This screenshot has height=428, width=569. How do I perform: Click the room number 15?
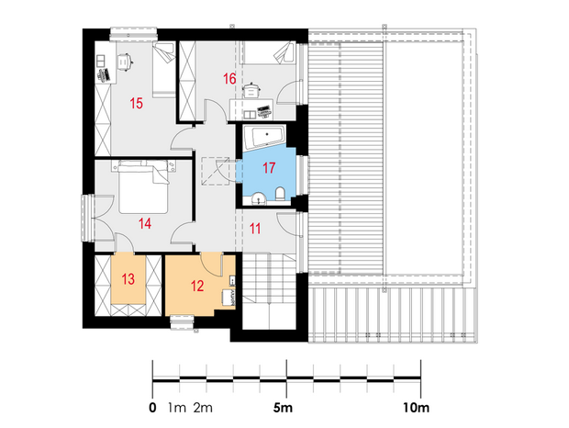pos(137,104)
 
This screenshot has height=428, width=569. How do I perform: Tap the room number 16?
pos(229,79)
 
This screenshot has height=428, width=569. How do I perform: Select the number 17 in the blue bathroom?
pos(269,168)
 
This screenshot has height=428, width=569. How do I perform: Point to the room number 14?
pos(145,223)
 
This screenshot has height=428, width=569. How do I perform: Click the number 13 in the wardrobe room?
pos(128,279)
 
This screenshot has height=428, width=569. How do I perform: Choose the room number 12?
pos(197,286)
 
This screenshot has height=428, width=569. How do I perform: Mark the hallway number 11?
pos(255,229)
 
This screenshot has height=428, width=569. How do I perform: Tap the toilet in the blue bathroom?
pos(281,194)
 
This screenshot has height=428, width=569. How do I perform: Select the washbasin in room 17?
pos(259,198)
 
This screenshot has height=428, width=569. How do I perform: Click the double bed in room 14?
pos(144,187)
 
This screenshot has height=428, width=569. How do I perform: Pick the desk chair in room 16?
pos(251,91)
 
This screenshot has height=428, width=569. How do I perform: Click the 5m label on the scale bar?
pos(283,408)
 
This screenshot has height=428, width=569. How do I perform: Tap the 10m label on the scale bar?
pos(416,408)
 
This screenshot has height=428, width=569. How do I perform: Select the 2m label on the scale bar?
pos(203,408)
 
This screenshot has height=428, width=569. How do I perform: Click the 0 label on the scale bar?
pos(152,408)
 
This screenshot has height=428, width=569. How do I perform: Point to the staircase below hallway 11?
pos(269,291)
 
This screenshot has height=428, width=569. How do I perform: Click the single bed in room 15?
pos(164,69)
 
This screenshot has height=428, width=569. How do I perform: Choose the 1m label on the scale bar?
pos(177,408)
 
